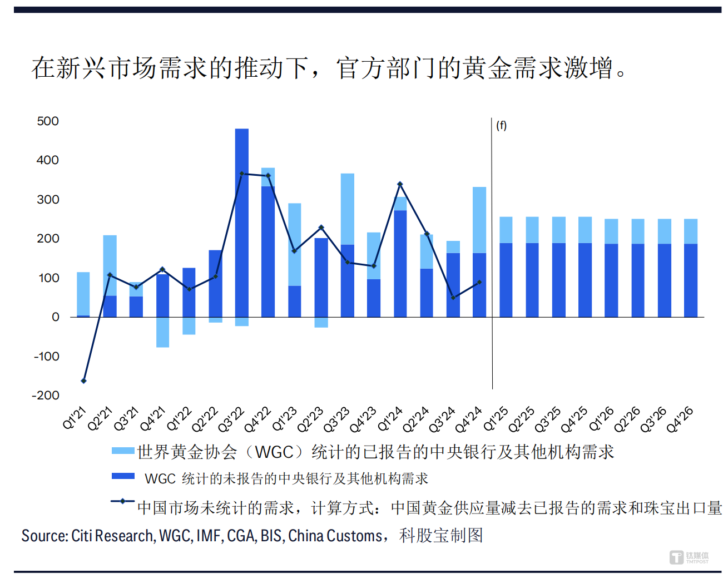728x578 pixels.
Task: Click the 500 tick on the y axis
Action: (x=48, y=121)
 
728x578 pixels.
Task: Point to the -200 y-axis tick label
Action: (x=46, y=396)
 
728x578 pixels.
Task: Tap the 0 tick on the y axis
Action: (x=56, y=317)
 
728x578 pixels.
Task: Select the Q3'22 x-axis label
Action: (x=231, y=419)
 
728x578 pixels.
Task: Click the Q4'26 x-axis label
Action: (x=680, y=419)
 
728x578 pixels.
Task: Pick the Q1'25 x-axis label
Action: (x=496, y=419)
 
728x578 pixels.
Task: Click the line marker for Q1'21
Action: (x=84, y=381)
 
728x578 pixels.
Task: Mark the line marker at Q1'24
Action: (x=400, y=184)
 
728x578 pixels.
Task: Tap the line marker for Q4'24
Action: (x=479, y=283)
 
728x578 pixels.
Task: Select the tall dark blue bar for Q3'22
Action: (x=242, y=223)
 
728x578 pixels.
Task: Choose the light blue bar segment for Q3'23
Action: (x=348, y=209)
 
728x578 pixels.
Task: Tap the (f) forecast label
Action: (x=501, y=126)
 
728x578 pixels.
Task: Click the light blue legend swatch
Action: (x=123, y=451)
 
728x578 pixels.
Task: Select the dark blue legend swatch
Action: (x=123, y=476)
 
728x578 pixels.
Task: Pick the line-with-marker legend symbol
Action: (x=123, y=501)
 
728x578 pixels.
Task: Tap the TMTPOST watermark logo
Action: (x=689, y=557)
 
